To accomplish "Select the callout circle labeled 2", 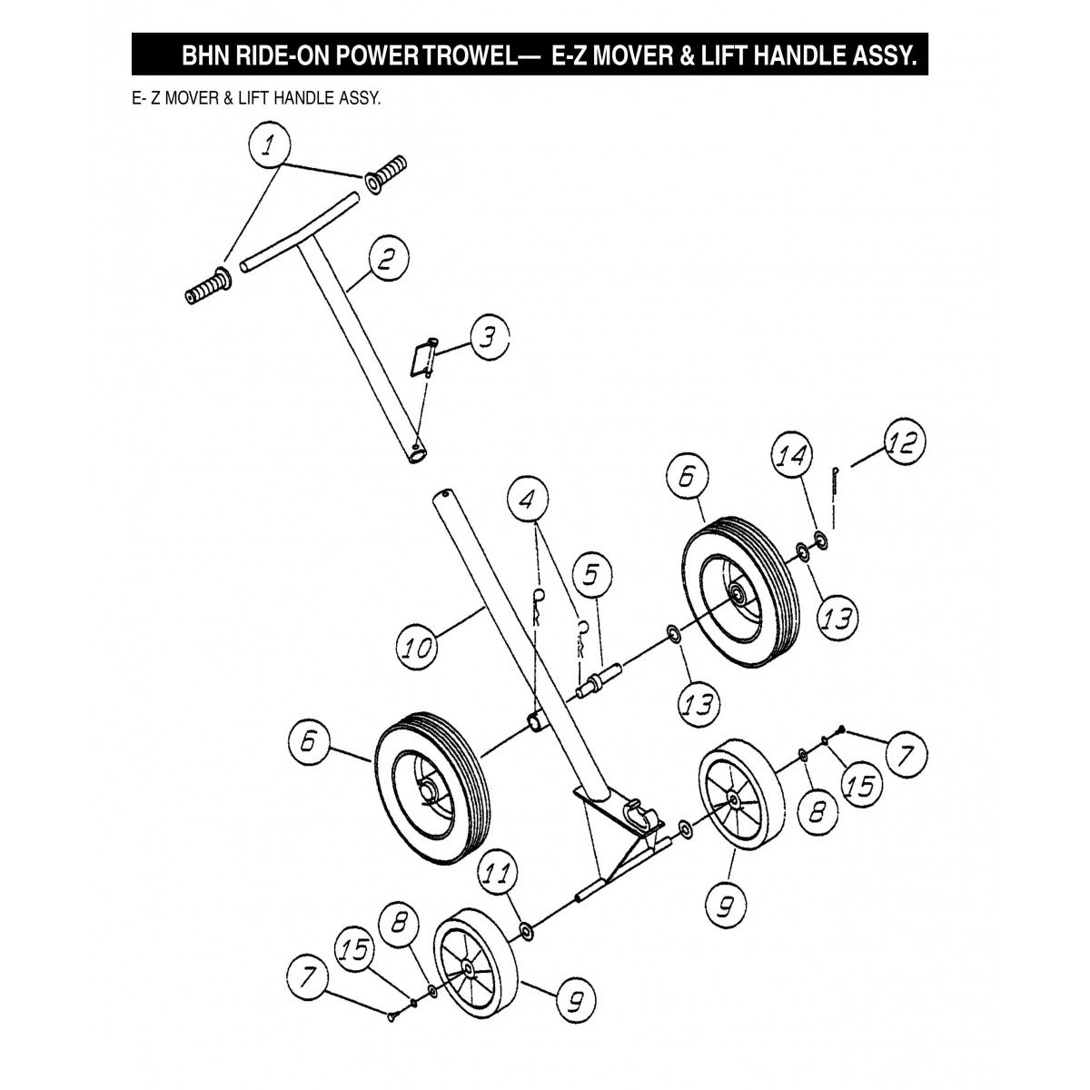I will pos(387,262).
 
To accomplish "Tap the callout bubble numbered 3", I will pos(488,338).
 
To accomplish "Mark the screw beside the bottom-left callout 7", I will pos(392,1016).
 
